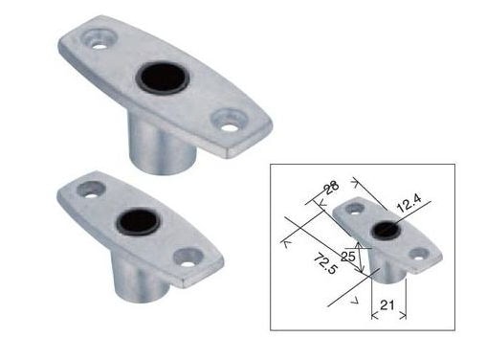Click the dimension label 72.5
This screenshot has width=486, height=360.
325,262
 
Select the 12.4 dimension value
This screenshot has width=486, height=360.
409,203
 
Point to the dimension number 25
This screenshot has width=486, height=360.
348,256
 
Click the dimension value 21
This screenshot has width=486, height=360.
387,305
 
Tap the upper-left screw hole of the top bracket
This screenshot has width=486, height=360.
100,46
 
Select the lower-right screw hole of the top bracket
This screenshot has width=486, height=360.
229,127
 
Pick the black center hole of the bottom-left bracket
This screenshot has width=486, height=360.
138,222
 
